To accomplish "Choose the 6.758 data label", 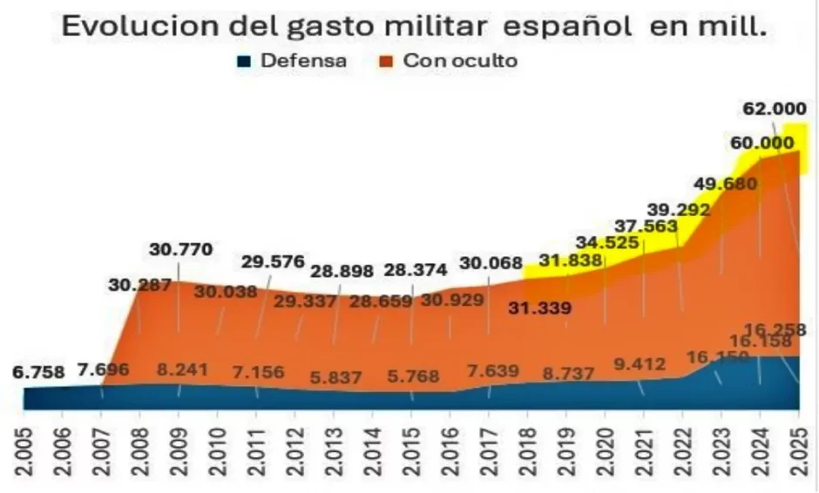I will (x=38, y=372).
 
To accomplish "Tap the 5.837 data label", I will (x=334, y=380).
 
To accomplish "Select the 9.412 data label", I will (x=638, y=363).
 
